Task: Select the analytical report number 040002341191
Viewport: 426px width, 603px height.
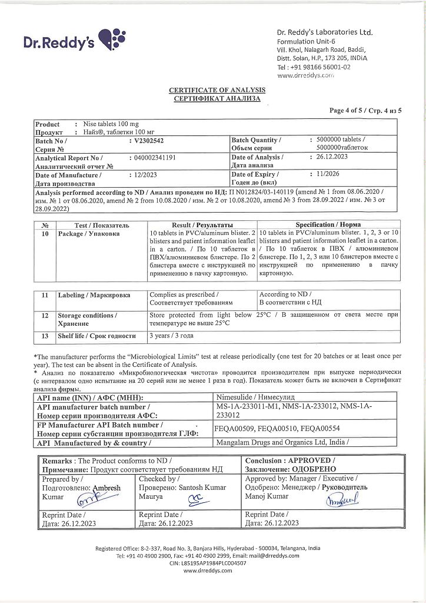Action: tap(152, 158)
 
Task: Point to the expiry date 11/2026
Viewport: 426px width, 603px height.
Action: tap(328, 175)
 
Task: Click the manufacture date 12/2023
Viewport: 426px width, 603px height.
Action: tap(143, 175)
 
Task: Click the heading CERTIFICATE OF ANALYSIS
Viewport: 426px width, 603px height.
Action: tap(217, 90)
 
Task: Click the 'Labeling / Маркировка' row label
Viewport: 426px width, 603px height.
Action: tap(94, 295)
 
